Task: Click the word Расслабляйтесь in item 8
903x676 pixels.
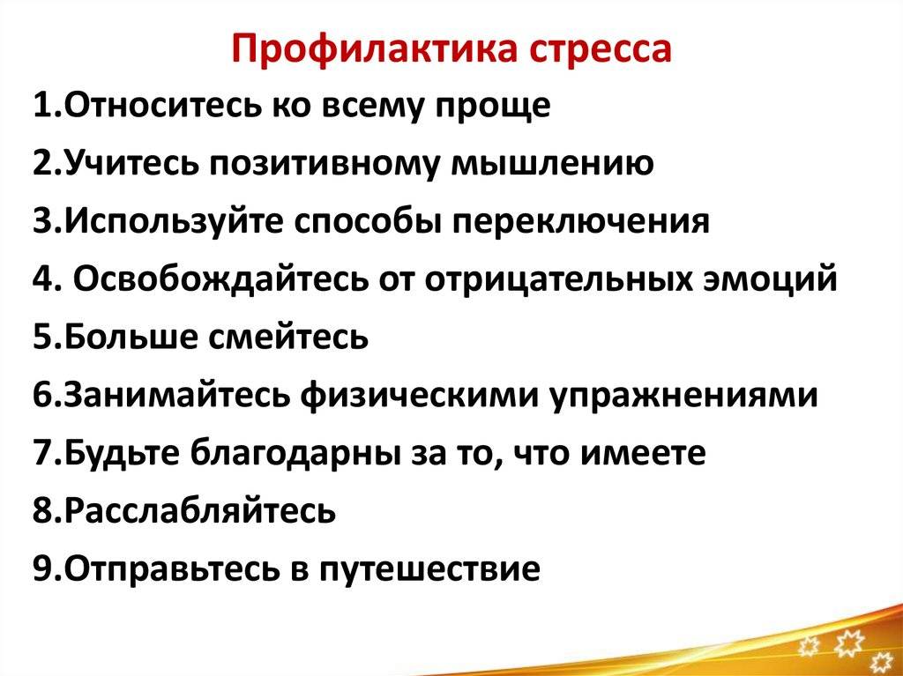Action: point(199,511)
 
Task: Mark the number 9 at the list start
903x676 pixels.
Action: point(42,569)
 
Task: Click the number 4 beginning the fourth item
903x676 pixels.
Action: point(42,279)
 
